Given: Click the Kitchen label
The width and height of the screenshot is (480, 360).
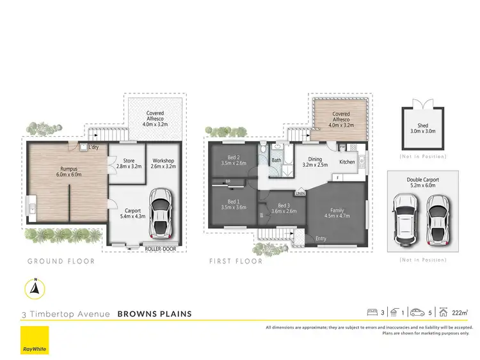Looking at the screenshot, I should click(x=347, y=162).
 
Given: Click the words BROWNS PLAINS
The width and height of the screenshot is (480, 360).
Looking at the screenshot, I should click(x=155, y=314).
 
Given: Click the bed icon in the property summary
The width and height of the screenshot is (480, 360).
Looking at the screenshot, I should click(x=372, y=313).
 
